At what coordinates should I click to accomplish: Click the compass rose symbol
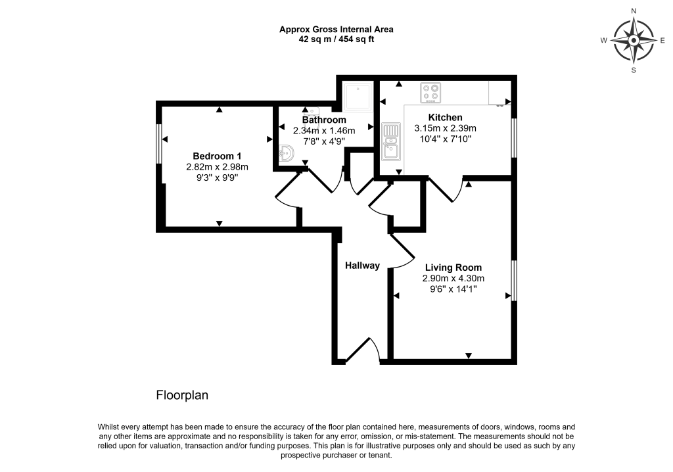click(x=634, y=40)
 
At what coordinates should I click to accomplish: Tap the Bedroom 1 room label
click(x=217, y=156)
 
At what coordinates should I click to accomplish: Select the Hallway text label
click(x=363, y=266)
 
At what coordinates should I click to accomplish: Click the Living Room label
click(x=453, y=268)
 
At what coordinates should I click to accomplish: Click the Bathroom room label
click(x=324, y=120)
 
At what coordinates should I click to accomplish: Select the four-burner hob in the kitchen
click(x=431, y=93)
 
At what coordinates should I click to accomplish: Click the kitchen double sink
click(x=392, y=140)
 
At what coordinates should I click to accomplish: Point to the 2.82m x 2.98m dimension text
click(x=217, y=167)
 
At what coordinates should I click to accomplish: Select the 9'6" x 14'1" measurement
click(x=453, y=289)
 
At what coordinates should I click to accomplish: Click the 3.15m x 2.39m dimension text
click(x=445, y=128)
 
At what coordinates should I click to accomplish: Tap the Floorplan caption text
click(x=181, y=396)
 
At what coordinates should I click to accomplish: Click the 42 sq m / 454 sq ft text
click(x=336, y=39)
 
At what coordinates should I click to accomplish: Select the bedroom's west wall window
click(x=159, y=143)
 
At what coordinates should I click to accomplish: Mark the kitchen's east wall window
click(x=514, y=137)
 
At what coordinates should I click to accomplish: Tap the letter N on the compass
click(x=634, y=11)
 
